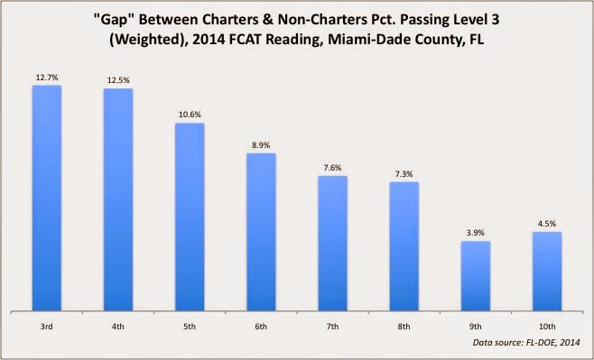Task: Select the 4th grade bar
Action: tap(118, 198)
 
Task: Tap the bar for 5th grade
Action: tap(190, 216)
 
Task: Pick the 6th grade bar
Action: tap(261, 231)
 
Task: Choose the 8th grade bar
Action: tap(404, 245)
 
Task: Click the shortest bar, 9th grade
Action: tap(476, 274)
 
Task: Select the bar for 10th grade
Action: tap(547, 270)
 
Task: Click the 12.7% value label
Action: tap(47, 78)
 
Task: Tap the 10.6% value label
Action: tap(190, 115)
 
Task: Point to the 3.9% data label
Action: tap(476, 233)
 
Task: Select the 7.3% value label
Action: tap(404, 174)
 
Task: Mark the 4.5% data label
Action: tap(547, 224)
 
